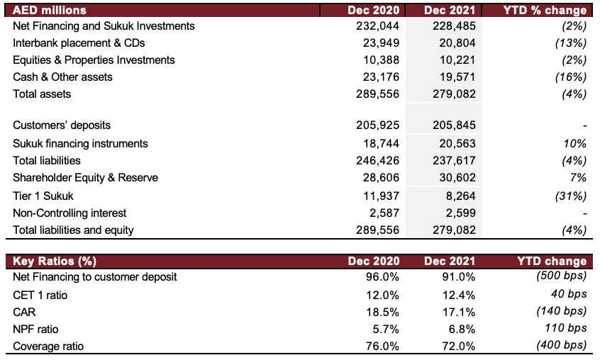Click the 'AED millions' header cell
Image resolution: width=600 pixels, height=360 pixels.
[x=50, y=10]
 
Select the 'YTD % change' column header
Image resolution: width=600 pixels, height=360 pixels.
[x=545, y=10]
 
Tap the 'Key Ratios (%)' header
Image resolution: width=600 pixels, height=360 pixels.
[x=55, y=261]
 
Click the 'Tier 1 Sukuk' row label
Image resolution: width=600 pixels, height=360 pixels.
[x=43, y=196]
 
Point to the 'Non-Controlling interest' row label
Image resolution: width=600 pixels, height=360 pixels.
[x=70, y=213]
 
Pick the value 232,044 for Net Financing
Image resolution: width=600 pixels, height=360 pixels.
[x=377, y=26]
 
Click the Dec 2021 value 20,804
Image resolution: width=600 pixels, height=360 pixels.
[x=457, y=43]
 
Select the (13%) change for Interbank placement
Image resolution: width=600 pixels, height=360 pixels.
[x=570, y=43]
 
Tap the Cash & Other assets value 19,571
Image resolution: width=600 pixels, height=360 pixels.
[x=457, y=77]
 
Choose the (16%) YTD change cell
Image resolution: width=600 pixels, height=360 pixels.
[x=570, y=77]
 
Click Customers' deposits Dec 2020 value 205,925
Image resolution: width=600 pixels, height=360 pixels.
[x=377, y=125]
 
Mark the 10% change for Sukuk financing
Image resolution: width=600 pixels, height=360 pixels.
[x=574, y=143]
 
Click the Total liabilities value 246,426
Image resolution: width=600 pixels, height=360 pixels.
[x=377, y=160]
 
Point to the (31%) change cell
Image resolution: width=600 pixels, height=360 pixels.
[x=570, y=196]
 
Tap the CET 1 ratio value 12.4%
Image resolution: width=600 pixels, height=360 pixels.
[x=458, y=295]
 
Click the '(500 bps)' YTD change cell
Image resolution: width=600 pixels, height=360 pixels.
[x=562, y=275]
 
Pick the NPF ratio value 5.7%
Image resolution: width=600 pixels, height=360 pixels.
[x=386, y=329]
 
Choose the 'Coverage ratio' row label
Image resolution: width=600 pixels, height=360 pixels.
[x=48, y=347]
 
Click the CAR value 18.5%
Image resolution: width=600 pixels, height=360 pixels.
[x=382, y=312]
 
